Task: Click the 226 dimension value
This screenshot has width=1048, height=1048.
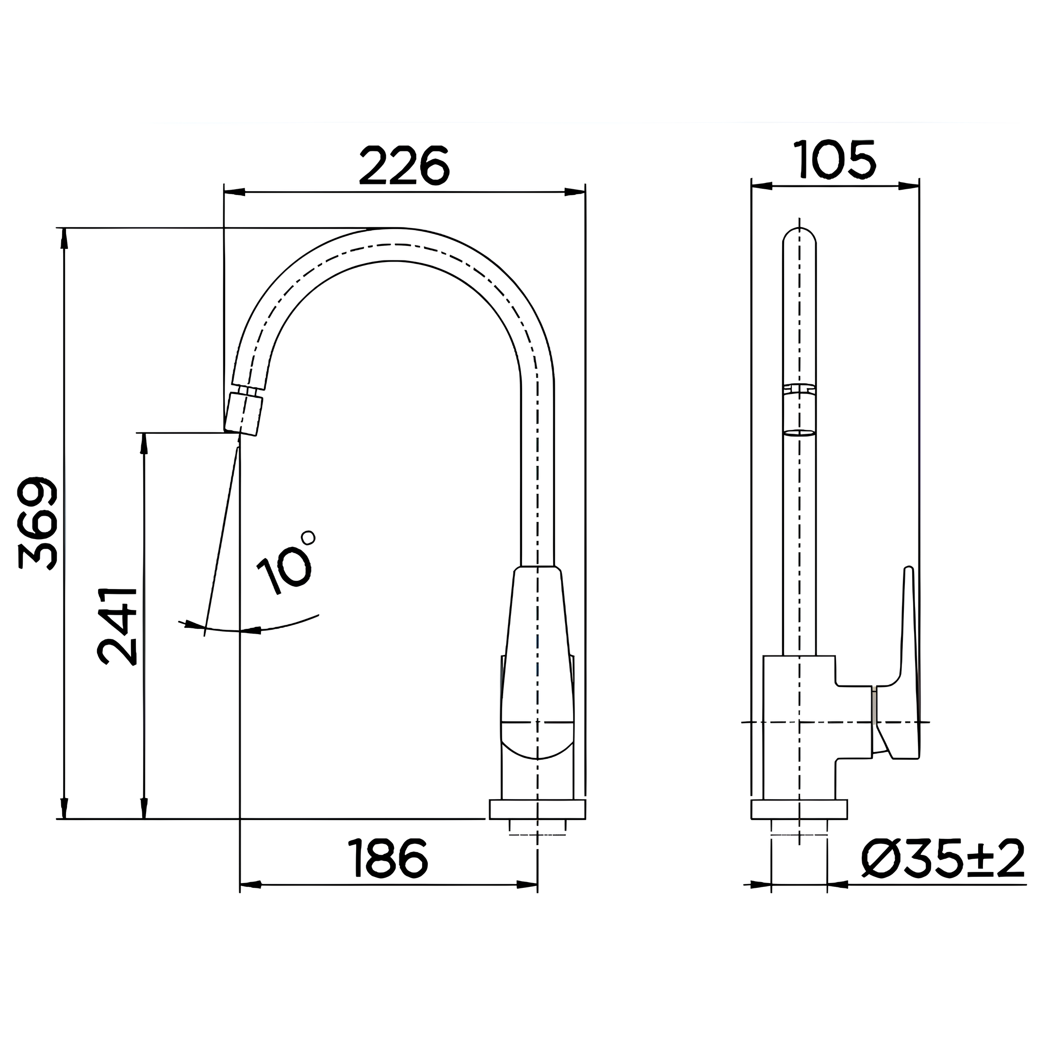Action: (x=404, y=166)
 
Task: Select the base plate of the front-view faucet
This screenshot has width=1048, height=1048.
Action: (x=537, y=809)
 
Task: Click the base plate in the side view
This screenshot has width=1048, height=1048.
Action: (x=799, y=809)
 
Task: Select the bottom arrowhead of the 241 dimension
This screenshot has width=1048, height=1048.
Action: (x=144, y=808)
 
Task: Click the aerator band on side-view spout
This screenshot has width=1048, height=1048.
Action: (x=800, y=410)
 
